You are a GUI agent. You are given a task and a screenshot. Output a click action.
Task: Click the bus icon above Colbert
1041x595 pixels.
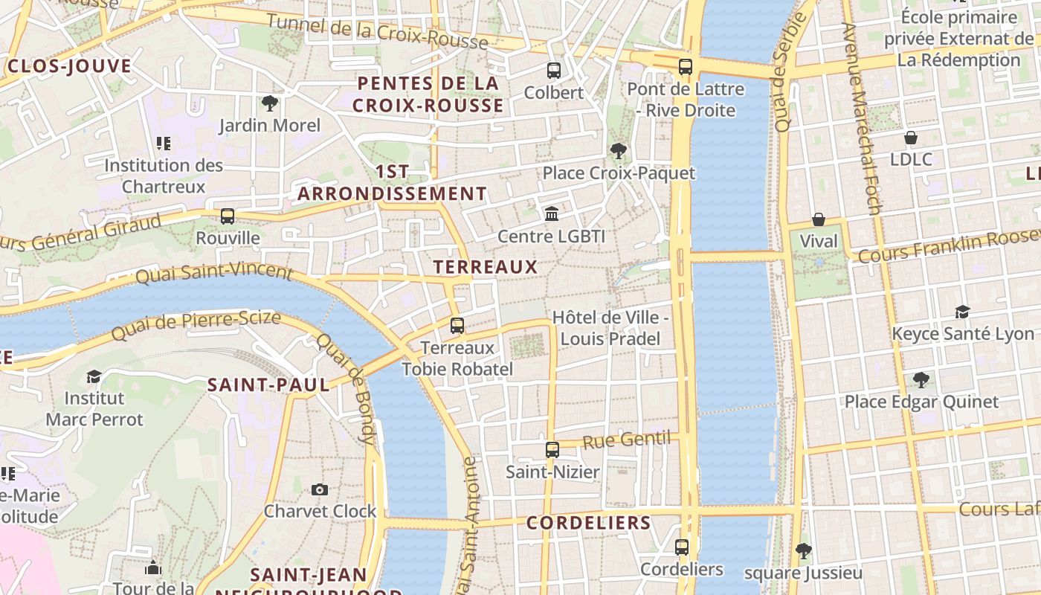pyautogui.click(x=554, y=71)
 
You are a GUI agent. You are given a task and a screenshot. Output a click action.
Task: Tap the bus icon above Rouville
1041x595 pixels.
pyautogui.click(x=228, y=216)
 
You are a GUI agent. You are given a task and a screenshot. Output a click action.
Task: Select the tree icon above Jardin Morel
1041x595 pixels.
pyautogui.click(x=269, y=103)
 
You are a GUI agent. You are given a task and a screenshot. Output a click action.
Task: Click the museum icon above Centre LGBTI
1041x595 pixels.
pyautogui.click(x=552, y=214)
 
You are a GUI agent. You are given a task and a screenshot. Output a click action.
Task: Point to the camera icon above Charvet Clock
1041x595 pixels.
pyautogui.click(x=320, y=489)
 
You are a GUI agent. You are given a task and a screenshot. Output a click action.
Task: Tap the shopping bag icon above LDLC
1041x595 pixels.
pyautogui.click(x=910, y=138)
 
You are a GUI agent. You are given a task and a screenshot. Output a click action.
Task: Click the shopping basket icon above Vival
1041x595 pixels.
pyautogui.click(x=819, y=219)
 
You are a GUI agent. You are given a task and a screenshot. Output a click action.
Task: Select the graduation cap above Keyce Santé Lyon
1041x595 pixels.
pyautogui.click(x=963, y=312)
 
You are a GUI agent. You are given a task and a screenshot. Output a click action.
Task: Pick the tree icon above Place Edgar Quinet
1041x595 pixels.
pyautogui.click(x=921, y=380)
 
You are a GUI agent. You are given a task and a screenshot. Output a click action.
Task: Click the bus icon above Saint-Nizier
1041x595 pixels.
pyautogui.click(x=552, y=449)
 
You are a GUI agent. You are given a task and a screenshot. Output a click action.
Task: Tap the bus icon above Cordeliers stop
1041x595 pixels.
pyautogui.click(x=682, y=547)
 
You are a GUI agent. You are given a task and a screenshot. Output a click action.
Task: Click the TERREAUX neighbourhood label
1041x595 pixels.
pyautogui.click(x=485, y=266)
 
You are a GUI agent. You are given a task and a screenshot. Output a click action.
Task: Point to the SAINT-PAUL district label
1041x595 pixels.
pyautogui.click(x=268, y=385)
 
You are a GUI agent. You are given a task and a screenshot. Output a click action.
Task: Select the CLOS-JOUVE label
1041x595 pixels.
pyautogui.click(x=69, y=66)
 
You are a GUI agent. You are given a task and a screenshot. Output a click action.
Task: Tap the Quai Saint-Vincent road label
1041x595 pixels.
pyautogui.click(x=214, y=273)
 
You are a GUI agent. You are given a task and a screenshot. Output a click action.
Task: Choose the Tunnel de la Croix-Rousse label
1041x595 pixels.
pyautogui.click(x=377, y=31)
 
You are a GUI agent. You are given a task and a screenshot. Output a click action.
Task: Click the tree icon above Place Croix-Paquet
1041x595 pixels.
pyautogui.click(x=618, y=151)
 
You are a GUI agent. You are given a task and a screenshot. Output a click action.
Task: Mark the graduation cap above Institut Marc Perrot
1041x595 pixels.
pyautogui.click(x=94, y=376)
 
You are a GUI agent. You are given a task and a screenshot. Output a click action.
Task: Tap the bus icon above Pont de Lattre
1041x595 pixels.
pyautogui.click(x=686, y=67)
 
